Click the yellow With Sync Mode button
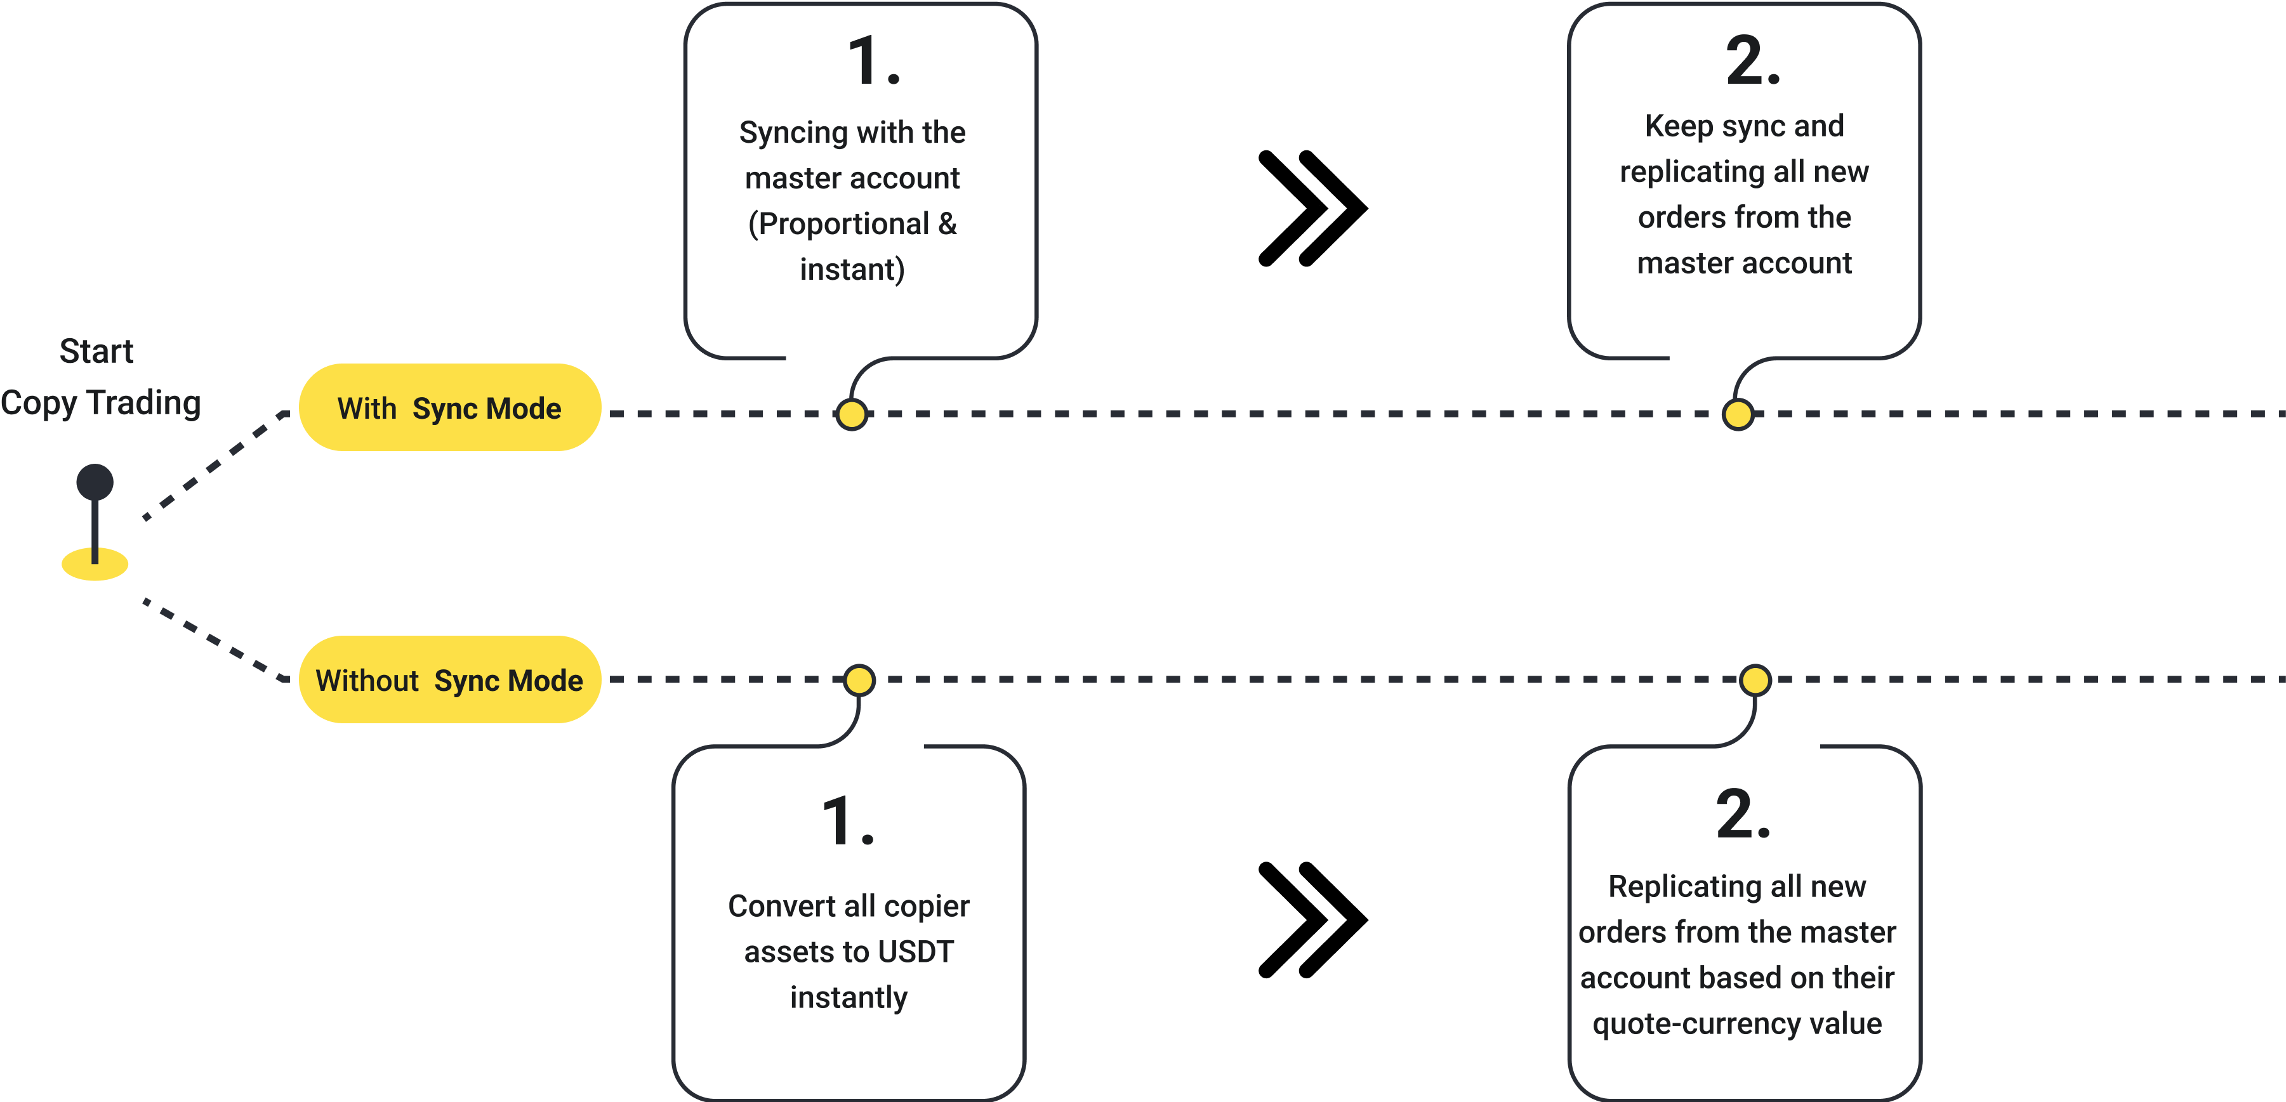pyautogui.click(x=450, y=408)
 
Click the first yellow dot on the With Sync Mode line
pyautogui.click(x=852, y=414)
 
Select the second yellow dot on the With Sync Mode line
pyautogui.click(x=1738, y=414)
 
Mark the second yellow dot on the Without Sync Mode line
pyautogui.click(x=1754, y=681)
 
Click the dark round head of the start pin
pyautogui.click(x=95, y=482)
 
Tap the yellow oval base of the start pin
pyautogui.click(x=95, y=566)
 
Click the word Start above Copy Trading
pyautogui.click(x=96, y=351)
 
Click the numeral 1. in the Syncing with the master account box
pyautogui.click(x=873, y=62)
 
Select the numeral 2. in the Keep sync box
pyautogui.click(x=1753, y=62)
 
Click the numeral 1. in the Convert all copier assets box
pyautogui.click(x=847, y=821)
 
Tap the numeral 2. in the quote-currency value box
pyautogui.click(x=1743, y=815)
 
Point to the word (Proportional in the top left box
pyautogui.click(x=838, y=223)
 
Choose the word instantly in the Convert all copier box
pyautogui.click(x=849, y=998)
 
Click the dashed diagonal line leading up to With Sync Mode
pyautogui.click(x=213, y=466)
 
